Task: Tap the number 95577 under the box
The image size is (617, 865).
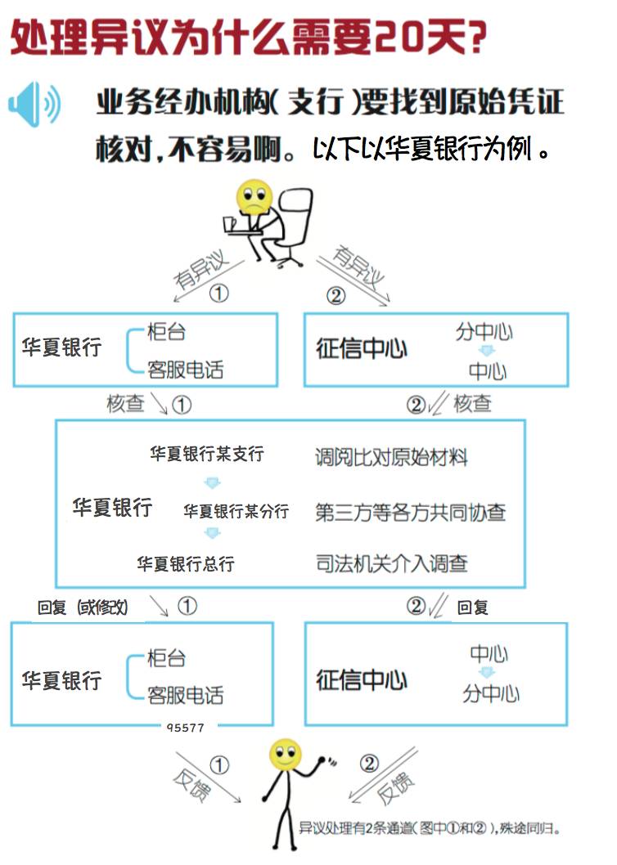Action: (x=185, y=727)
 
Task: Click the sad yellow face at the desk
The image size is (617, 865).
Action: (x=252, y=197)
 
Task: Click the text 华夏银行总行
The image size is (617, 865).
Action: (x=186, y=564)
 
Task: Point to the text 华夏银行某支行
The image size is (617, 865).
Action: (x=207, y=454)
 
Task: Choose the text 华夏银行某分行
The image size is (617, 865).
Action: (x=236, y=512)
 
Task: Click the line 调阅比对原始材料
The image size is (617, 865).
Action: (x=391, y=457)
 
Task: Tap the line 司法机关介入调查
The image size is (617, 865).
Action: (x=391, y=563)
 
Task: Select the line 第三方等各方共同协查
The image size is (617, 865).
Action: (x=410, y=512)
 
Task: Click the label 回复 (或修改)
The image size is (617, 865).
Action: (x=83, y=607)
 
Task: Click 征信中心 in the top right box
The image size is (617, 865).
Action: (x=362, y=349)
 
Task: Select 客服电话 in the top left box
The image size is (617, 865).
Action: (x=185, y=370)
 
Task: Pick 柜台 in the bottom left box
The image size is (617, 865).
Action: (x=166, y=658)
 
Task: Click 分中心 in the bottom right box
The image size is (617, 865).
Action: (x=490, y=693)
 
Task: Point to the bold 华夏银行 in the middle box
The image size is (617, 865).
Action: (x=112, y=508)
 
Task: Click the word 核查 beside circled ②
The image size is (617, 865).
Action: (x=473, y=403)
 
